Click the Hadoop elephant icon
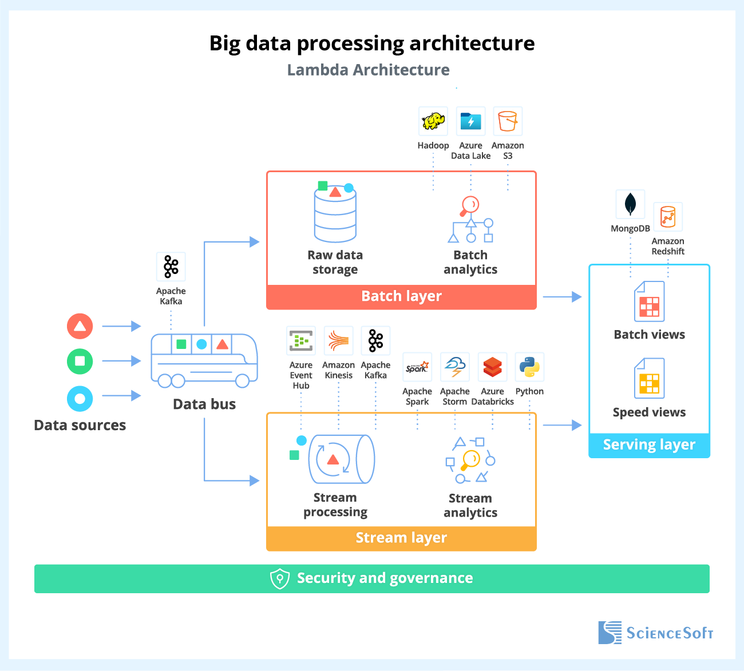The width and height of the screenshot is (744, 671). [433, 121]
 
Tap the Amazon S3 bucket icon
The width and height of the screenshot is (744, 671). [508, 121]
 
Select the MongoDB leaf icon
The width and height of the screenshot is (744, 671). [630, 204]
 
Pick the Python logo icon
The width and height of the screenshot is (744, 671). [529, 367]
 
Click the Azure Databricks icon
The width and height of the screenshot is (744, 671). [492, 367]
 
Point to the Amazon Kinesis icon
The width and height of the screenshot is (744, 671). [338, 341]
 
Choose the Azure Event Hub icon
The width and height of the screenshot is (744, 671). [301, 341]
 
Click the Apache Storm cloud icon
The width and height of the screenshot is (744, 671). [455, 367]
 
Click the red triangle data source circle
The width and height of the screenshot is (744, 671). [80, 327]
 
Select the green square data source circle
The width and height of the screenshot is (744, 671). [80, 361]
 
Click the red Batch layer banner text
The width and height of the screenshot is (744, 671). [401, 296]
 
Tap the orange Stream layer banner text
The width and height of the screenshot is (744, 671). [401, 538]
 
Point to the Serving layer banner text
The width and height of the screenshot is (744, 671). [649, 445]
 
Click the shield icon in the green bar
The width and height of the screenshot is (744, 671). [279, 578]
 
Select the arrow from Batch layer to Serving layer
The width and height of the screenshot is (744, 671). [562, 297]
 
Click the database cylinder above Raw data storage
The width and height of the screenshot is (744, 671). [335, 215]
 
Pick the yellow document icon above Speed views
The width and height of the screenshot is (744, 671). [650, 378]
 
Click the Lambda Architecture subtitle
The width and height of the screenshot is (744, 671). [368, 70]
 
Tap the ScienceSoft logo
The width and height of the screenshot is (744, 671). [656, 633]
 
